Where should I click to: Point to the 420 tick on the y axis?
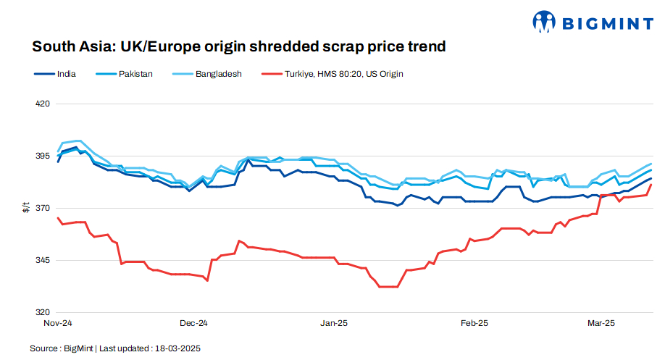[42, 104]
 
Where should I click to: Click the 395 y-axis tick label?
[42, 156]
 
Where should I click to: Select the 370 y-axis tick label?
[42, 208]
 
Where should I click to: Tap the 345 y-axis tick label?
[42, 260]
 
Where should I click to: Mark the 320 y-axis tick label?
[42, 312]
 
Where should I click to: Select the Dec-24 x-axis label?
[193, 323]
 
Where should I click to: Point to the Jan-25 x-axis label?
[334, 323]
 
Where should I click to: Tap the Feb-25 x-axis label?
[474, 323]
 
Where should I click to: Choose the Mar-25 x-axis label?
[601, 323]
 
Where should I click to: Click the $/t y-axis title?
[26, 208]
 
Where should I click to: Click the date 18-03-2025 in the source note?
[177, 348]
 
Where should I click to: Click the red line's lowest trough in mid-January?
[388, 287]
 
